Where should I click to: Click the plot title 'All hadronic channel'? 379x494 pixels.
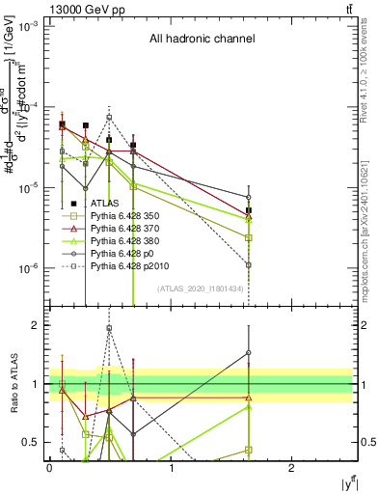coord(202,40)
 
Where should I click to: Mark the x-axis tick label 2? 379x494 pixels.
coord(292,466)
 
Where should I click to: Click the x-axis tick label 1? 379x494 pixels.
coord(171,466)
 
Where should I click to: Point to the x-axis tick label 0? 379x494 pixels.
coord(49,466)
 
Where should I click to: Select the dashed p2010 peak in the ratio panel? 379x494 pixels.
coord(109,328)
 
